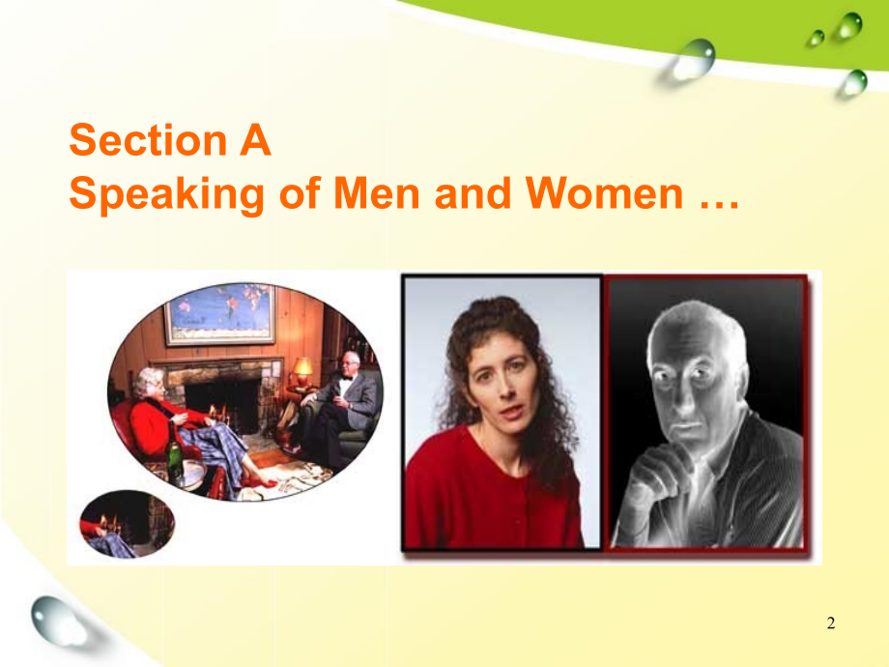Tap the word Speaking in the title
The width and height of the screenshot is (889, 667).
pos(167,195)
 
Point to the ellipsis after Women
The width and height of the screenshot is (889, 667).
pos(720,205)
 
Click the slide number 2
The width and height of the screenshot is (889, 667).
pos(831,623)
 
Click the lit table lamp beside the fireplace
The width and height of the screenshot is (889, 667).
pos(302,371)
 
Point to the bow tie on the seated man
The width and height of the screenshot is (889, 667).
pos(345,377)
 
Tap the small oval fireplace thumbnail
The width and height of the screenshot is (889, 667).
pos(127,525)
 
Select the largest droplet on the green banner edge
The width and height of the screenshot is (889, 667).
pos(693,59)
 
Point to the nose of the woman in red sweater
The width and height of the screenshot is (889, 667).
pos(505,389)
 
